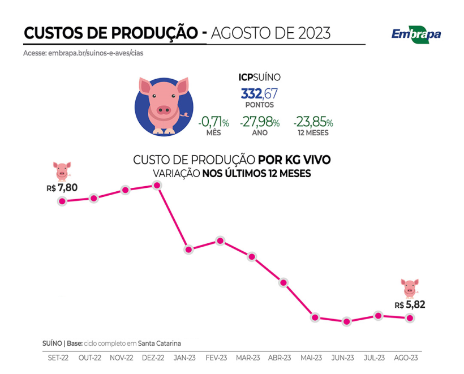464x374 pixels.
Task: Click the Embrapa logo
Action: (416, 33)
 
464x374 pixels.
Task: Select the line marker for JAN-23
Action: (189, 250)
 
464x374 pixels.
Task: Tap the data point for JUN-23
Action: (347, 321)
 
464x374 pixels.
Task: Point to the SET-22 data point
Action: (62, 201)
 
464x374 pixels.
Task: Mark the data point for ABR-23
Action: (283, 282)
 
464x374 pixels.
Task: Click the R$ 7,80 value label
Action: (62, 187)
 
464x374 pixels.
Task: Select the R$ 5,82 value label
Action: (410, 304)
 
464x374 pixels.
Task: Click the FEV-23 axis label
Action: (217, 358)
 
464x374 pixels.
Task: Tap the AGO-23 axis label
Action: (406, 358)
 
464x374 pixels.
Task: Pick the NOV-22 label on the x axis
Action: (122, 358)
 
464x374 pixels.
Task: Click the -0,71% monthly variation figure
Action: (213, 122)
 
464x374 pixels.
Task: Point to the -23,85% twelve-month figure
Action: (313, 122)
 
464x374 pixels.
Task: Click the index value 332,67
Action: (259, 93)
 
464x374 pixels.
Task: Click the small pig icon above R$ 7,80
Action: (62, 170)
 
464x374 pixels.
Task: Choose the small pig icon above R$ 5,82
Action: (409, 287)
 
